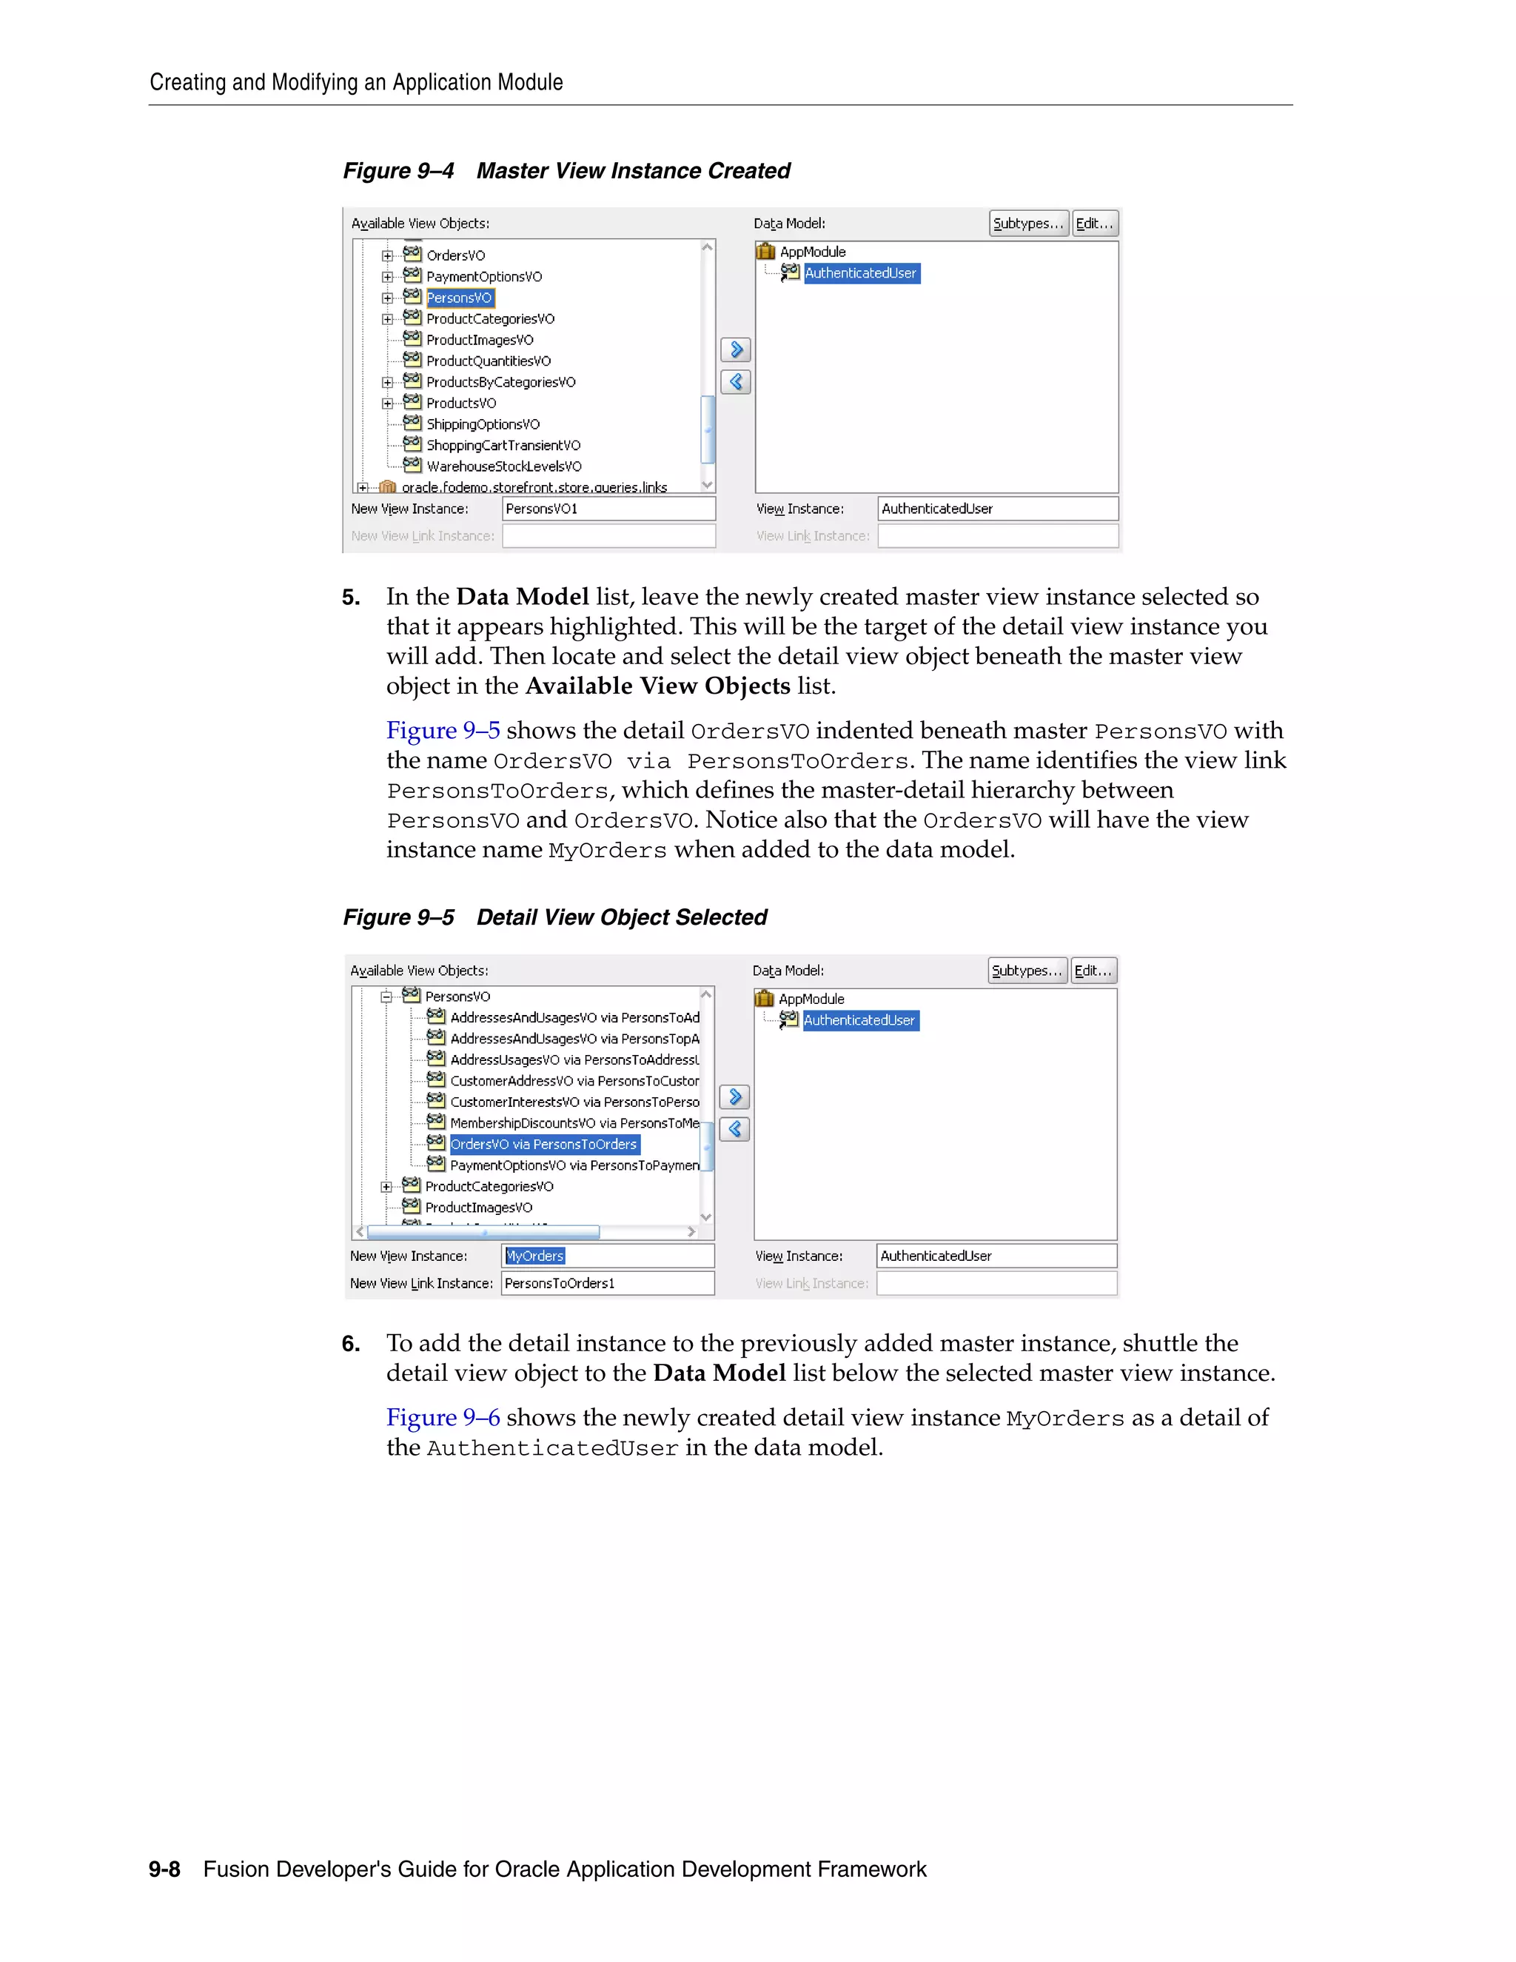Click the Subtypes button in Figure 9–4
1027,224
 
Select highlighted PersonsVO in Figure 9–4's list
459,298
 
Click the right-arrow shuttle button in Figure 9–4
736,349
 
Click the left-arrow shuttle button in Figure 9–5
734,1129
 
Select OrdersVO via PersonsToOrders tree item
543,1144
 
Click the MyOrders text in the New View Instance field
535,1256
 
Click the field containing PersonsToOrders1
607,1283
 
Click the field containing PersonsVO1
608,509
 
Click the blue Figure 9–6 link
443,1418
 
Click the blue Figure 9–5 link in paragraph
443,730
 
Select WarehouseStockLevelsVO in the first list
504,466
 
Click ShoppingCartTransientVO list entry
503,446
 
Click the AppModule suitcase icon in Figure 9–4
765,252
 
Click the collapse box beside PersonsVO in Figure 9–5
386,997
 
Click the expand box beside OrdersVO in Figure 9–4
387,255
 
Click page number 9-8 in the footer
164,1869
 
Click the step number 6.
350,1344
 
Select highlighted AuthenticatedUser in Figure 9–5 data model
859,1020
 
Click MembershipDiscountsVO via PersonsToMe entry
574,1123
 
